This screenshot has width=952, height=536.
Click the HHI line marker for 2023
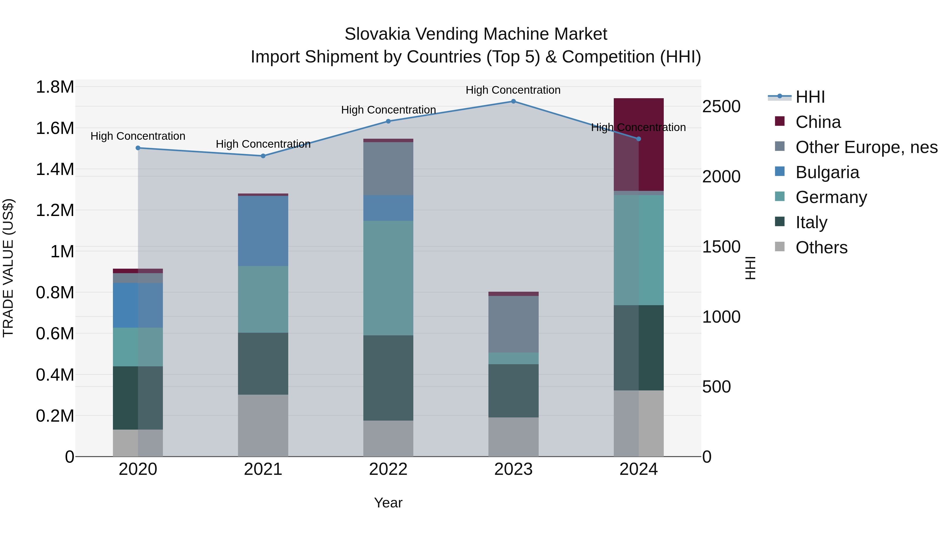(513, 101)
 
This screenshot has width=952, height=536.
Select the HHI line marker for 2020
(138, 148)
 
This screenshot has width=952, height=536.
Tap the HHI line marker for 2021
(263, 156)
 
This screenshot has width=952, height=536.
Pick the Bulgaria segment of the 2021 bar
(263, 231)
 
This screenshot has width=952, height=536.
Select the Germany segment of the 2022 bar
(388, 278)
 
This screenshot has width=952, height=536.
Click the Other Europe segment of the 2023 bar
(513, 324)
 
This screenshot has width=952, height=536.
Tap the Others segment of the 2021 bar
(263, 425)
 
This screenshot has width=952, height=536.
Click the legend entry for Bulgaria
(827, 172)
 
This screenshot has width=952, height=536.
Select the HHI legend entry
(810, 97)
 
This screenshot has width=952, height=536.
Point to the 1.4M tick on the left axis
(55, 169)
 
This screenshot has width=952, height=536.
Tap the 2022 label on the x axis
(388, 469)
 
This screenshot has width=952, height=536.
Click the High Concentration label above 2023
(513, 90)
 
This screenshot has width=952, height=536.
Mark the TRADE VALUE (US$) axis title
(8, 268)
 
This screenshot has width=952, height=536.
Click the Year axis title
(388, 503)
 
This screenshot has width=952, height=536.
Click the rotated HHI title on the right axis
(750, 268)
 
